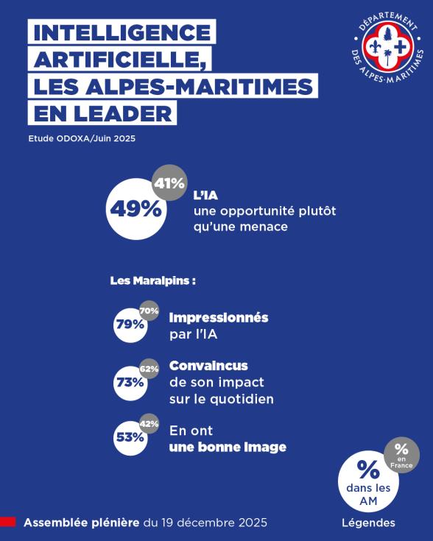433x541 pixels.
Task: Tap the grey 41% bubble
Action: point(169,183)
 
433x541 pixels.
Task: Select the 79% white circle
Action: point(129,324)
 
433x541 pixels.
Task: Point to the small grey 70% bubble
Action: point(149,311)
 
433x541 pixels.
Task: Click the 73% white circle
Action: point(129,382)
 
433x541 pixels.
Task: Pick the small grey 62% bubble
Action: point(149,369)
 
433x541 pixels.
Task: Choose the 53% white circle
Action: point(129,436)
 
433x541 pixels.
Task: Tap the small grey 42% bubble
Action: point(149,424)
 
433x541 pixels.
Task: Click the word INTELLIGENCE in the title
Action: point(122,33)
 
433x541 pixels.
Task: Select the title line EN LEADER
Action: point(102,113)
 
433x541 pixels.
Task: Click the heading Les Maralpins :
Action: point(152,281)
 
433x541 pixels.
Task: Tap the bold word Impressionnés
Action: point(219,318)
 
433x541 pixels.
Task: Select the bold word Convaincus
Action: point(208,366)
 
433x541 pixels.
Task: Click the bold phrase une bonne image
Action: point(228,447)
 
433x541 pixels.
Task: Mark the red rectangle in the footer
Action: point(8,522)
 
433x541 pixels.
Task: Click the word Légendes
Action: point(368,523)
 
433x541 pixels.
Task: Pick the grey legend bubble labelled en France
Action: point(401,455)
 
